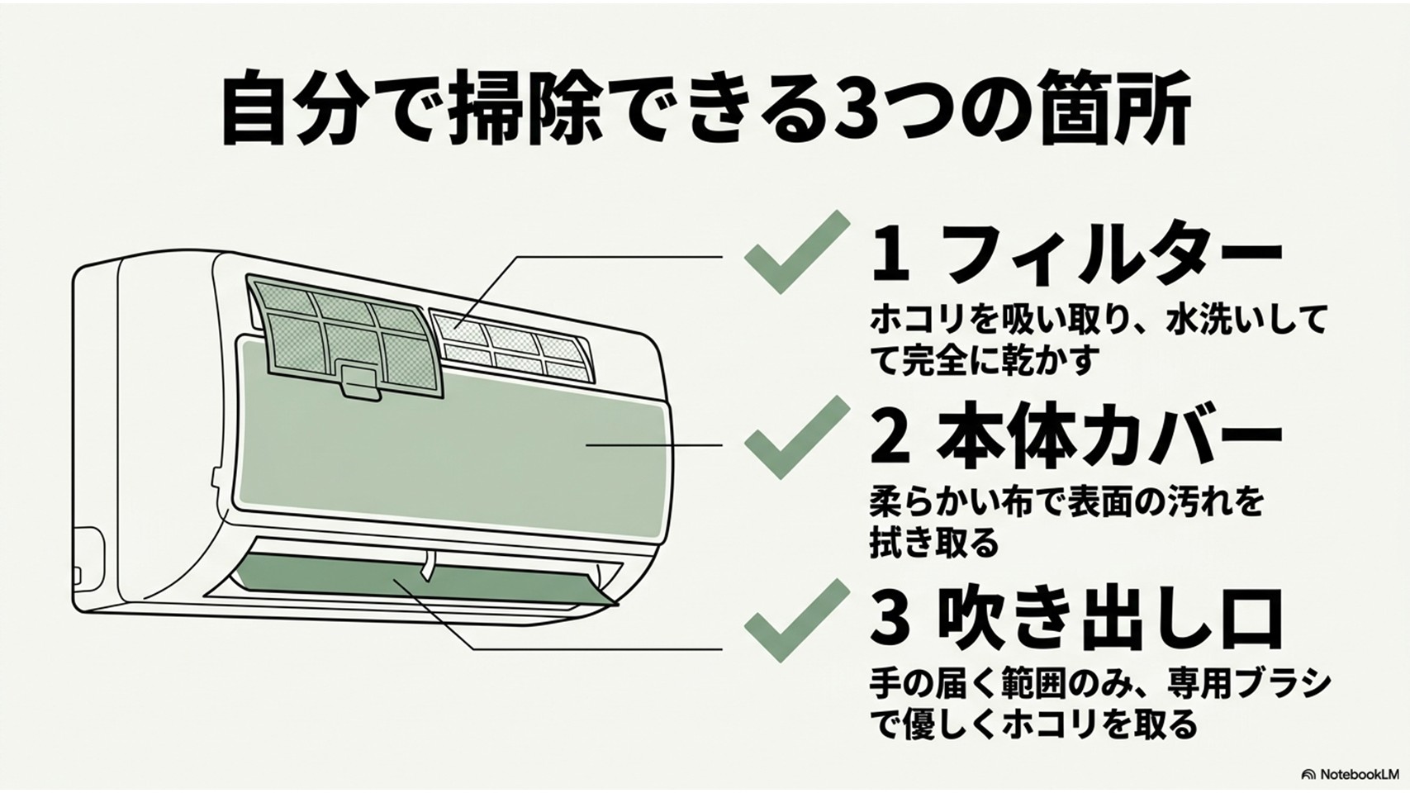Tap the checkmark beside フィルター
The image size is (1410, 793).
pyautogui.click(x=797, y=253)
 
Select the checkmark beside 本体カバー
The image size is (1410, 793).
pyautogui.click(x=797, y=438)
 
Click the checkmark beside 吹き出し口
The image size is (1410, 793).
pyautogui.click(x=797, y=620)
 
